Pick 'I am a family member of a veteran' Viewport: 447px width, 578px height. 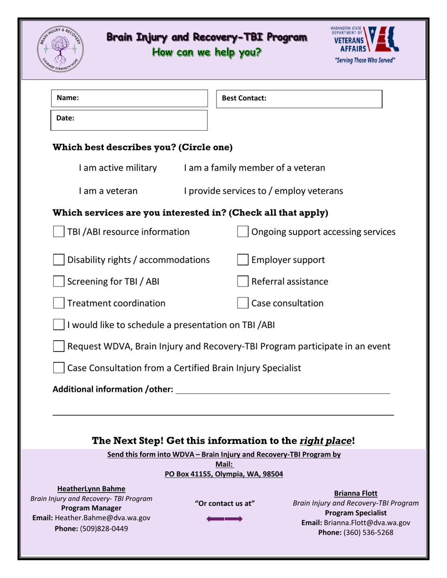click(x=255, y=168)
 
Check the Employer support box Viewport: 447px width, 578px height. click(x=243, y=260)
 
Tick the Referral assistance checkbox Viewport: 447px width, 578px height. click(x=243, y=282)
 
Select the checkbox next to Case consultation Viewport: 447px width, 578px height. click(x=243, y=304)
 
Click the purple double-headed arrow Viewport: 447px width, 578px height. click(x=224, y=519)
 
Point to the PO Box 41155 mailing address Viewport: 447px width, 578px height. click(x=224, y=474)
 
